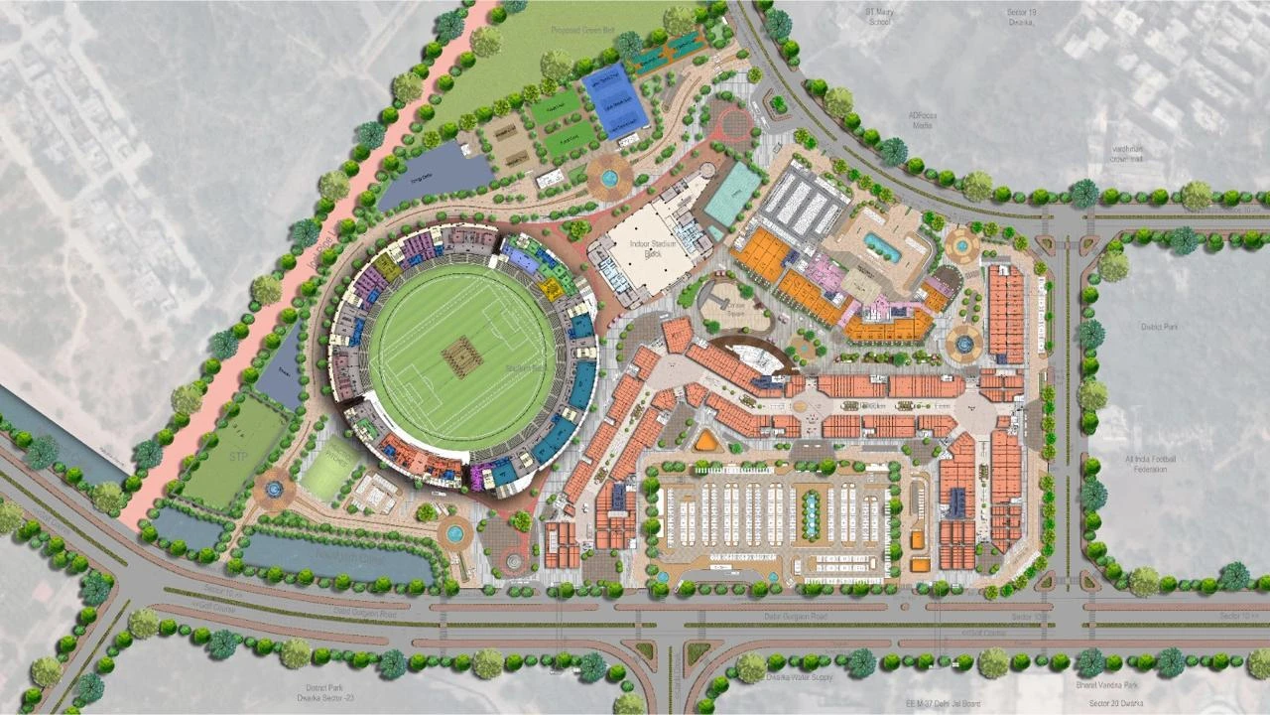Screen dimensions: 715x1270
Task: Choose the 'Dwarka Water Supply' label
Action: coord(799,677)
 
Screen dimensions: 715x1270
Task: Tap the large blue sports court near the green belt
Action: coord(615,99)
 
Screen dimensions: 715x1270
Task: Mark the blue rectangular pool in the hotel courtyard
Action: coord(881,246)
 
